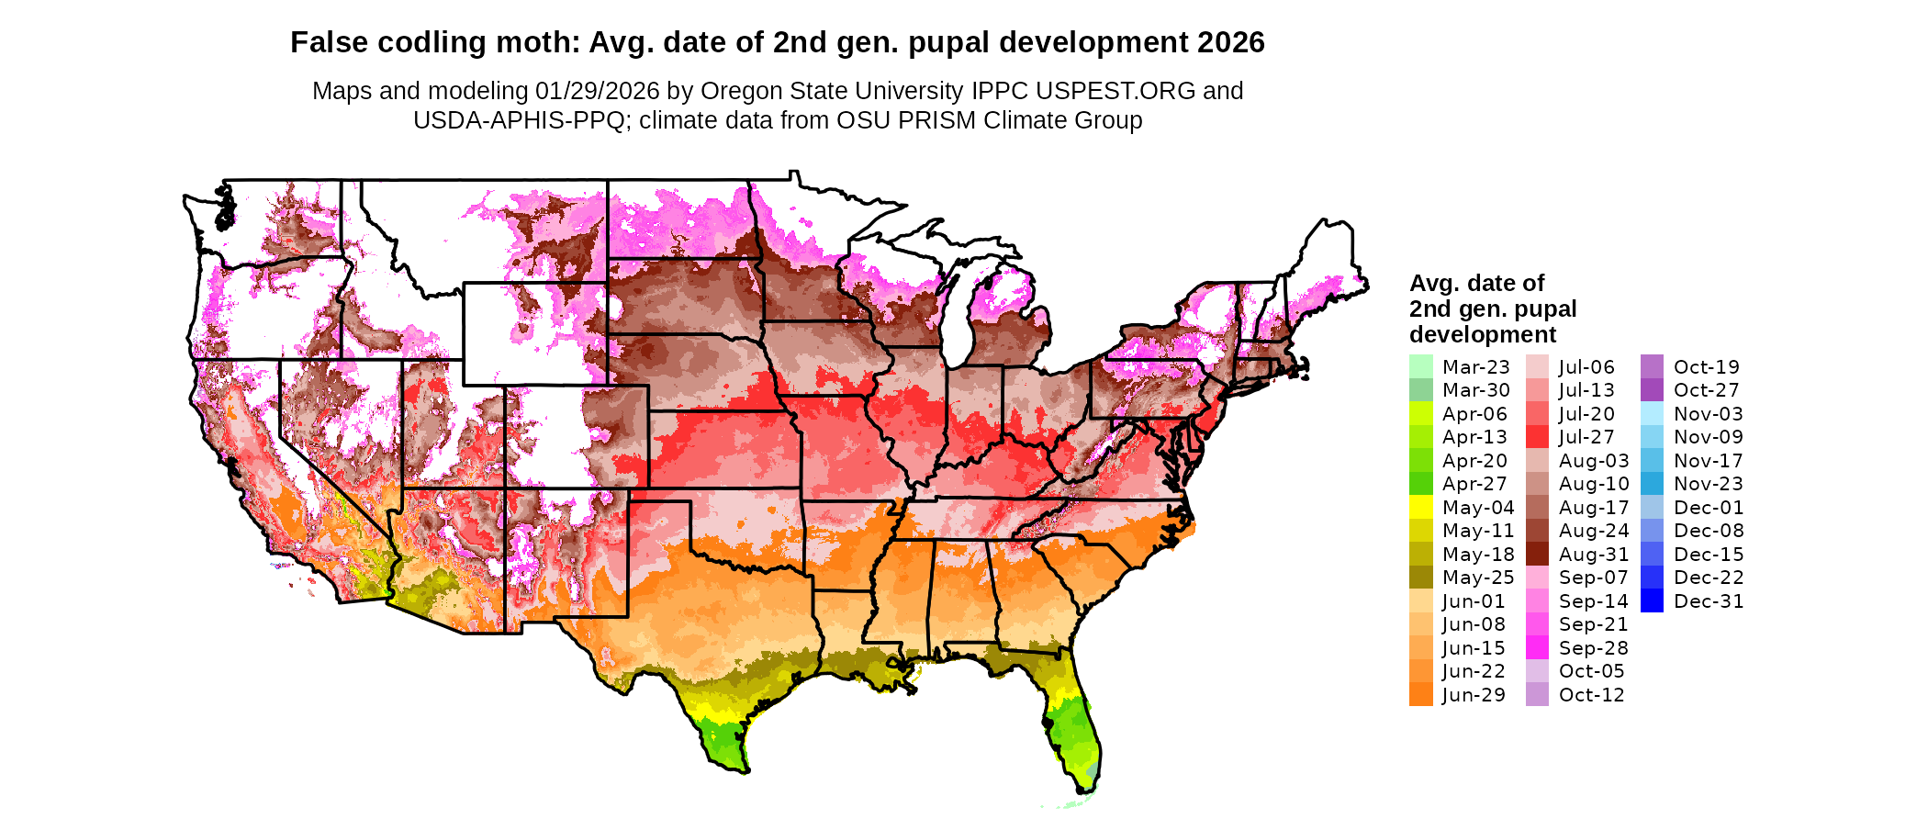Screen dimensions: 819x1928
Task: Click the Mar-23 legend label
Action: [1475, 367]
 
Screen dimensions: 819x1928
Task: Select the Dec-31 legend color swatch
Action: [1652, 601]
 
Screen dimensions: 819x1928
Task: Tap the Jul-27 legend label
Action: [1586, 437]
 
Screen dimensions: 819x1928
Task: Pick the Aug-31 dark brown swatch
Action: [1537, 555]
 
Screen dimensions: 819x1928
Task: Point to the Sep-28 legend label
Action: [1593, 648]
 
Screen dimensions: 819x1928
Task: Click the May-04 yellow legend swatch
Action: [1420, 508]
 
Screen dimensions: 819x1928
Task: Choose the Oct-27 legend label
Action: [1706, 390]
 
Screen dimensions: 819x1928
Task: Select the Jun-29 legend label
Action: [1474, 695]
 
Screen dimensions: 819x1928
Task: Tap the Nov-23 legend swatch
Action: [1652, 484]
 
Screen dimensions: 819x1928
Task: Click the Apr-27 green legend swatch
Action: [1420, 484]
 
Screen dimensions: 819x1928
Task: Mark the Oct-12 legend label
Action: [1591, 695]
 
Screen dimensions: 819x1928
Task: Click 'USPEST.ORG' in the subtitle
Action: [1115, 91]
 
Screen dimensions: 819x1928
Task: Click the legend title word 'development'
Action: [1483, 334]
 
